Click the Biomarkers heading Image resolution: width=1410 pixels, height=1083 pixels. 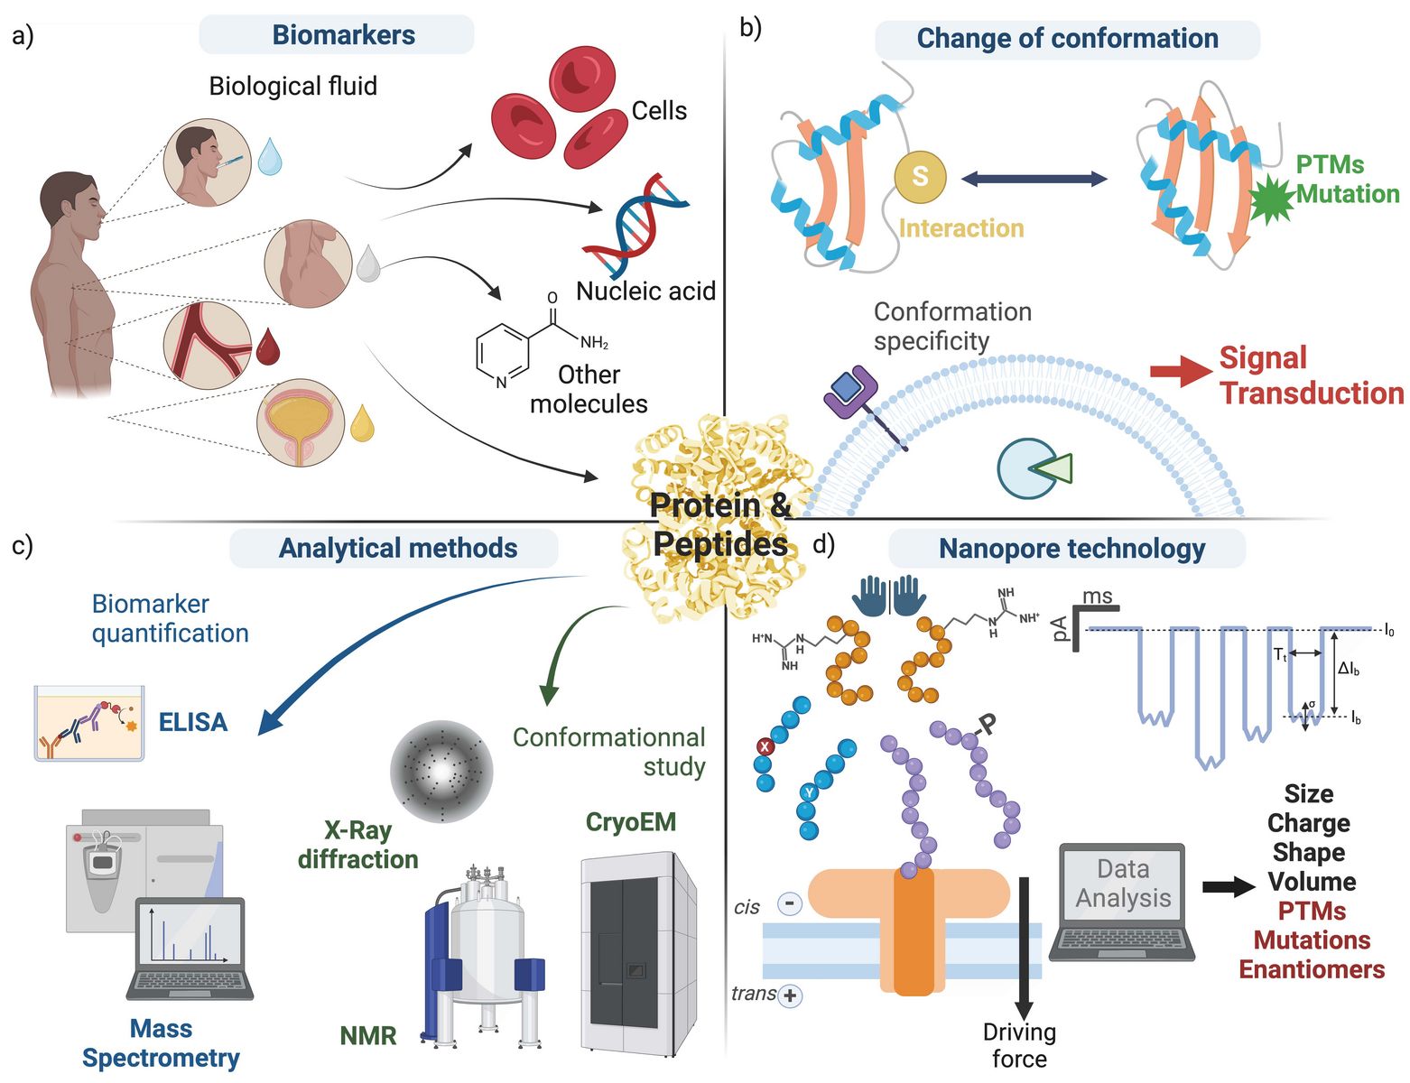[x=343, y=35]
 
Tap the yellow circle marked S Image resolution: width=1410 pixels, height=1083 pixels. [x=920, y=176]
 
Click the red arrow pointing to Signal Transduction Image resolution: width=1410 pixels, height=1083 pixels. [x=1181, y=371]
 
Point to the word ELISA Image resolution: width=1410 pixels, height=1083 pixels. [x=193, y=722]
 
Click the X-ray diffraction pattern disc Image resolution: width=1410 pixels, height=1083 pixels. [x=441, y=771]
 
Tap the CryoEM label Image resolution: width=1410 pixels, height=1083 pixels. [x=631, y=821]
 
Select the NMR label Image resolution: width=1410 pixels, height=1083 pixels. [x=368, y=1036]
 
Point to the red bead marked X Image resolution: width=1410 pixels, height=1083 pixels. [x=765, y=746]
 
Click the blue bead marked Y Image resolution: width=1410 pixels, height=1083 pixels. [x=809, y=792]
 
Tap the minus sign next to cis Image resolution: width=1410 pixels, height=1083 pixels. [x=789, y=902]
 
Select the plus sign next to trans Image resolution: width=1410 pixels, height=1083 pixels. [x=790, y=995]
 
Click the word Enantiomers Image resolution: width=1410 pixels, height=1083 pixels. [x=1312, y=969]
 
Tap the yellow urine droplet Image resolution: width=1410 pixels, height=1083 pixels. [x=362, y=423]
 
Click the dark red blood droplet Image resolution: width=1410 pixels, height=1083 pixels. [x=267, y=347]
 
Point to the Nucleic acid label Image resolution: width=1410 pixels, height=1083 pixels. [x=645, y=292]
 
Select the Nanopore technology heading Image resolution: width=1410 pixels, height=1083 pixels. [x=1071, y=549]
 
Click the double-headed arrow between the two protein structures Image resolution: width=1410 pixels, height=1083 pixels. [x=1034, y=179]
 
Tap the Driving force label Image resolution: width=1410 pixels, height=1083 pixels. [x=1019, y=1045]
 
